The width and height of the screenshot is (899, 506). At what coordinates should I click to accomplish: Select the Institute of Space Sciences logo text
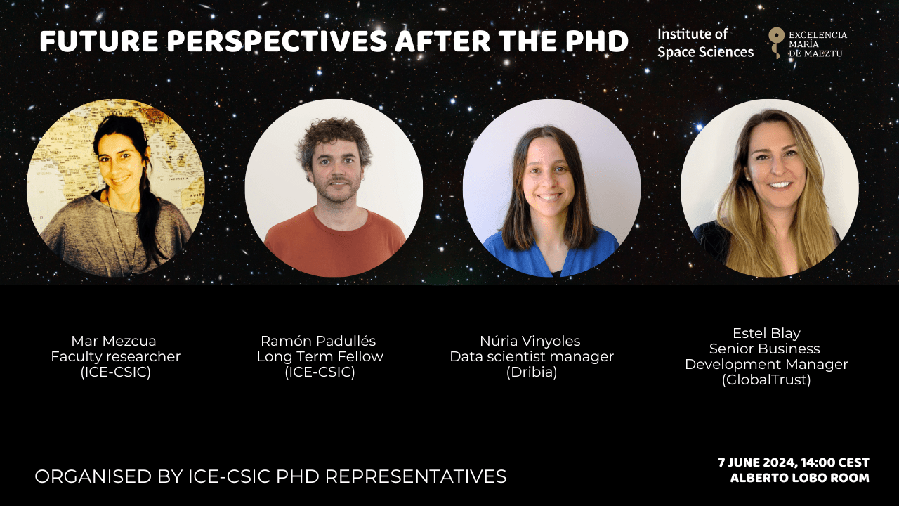tap(705, 43)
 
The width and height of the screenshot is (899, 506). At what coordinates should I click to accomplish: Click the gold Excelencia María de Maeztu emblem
tap(776, 43)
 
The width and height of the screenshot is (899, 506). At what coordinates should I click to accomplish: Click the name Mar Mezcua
tap(114, 341)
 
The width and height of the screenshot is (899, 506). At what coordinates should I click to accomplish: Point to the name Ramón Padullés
tap(318, 341)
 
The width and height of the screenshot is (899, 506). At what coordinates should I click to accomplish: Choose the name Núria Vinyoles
tap(530, 341)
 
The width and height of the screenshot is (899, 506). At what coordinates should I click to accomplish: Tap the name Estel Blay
tap(766, 333)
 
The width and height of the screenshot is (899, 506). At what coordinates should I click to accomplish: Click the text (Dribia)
tap(532, 372)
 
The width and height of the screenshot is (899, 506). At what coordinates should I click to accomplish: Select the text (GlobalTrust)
tap(766, 379)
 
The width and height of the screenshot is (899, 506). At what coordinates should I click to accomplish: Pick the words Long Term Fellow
tap(320, 356)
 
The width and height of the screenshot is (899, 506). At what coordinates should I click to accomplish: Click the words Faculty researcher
tap(116, 356)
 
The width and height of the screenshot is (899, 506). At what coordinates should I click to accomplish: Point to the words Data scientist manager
tap(532, 356)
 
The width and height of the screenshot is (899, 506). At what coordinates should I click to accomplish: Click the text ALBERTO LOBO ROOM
tap(800, 478)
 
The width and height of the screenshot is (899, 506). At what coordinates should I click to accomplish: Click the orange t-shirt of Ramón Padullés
tap(334, 245)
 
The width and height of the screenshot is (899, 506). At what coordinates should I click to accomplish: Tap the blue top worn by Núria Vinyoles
tap(550, 255)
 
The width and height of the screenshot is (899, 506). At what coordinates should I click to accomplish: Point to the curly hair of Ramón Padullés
tap(333, 136)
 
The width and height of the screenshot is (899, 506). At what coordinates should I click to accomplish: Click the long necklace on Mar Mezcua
tap(120, 237)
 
